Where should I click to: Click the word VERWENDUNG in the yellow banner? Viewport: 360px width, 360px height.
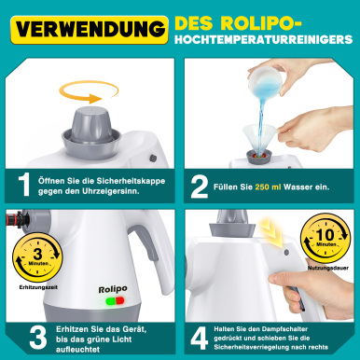coord(90,29)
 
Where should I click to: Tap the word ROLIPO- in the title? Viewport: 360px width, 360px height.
coord(261,22)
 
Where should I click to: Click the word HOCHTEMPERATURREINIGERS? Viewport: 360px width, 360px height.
coord(264,39)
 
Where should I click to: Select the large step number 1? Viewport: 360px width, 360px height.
coord(24,185)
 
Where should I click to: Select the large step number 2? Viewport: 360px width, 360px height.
coord(200,187)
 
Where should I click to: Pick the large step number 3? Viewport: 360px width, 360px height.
coord(38,338)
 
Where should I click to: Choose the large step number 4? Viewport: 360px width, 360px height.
coord(199,338)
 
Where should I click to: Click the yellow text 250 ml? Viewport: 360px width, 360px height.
coord(268,187)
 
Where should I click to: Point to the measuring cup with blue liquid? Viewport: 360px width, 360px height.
coord(265,82)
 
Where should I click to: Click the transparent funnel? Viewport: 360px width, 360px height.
coord(259,138)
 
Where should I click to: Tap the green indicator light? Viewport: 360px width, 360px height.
coord(110,301)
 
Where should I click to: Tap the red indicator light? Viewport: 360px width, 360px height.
coord(119,300)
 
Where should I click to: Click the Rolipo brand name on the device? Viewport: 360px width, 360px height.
coord(113,289)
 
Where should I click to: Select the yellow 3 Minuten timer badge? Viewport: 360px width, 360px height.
coord(37,257)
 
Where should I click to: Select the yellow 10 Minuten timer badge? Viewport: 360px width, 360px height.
coord(325,238)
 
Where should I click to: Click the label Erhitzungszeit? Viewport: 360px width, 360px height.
coord(38,287)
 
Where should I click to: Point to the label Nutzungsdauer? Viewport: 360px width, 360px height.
coord(328,268)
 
